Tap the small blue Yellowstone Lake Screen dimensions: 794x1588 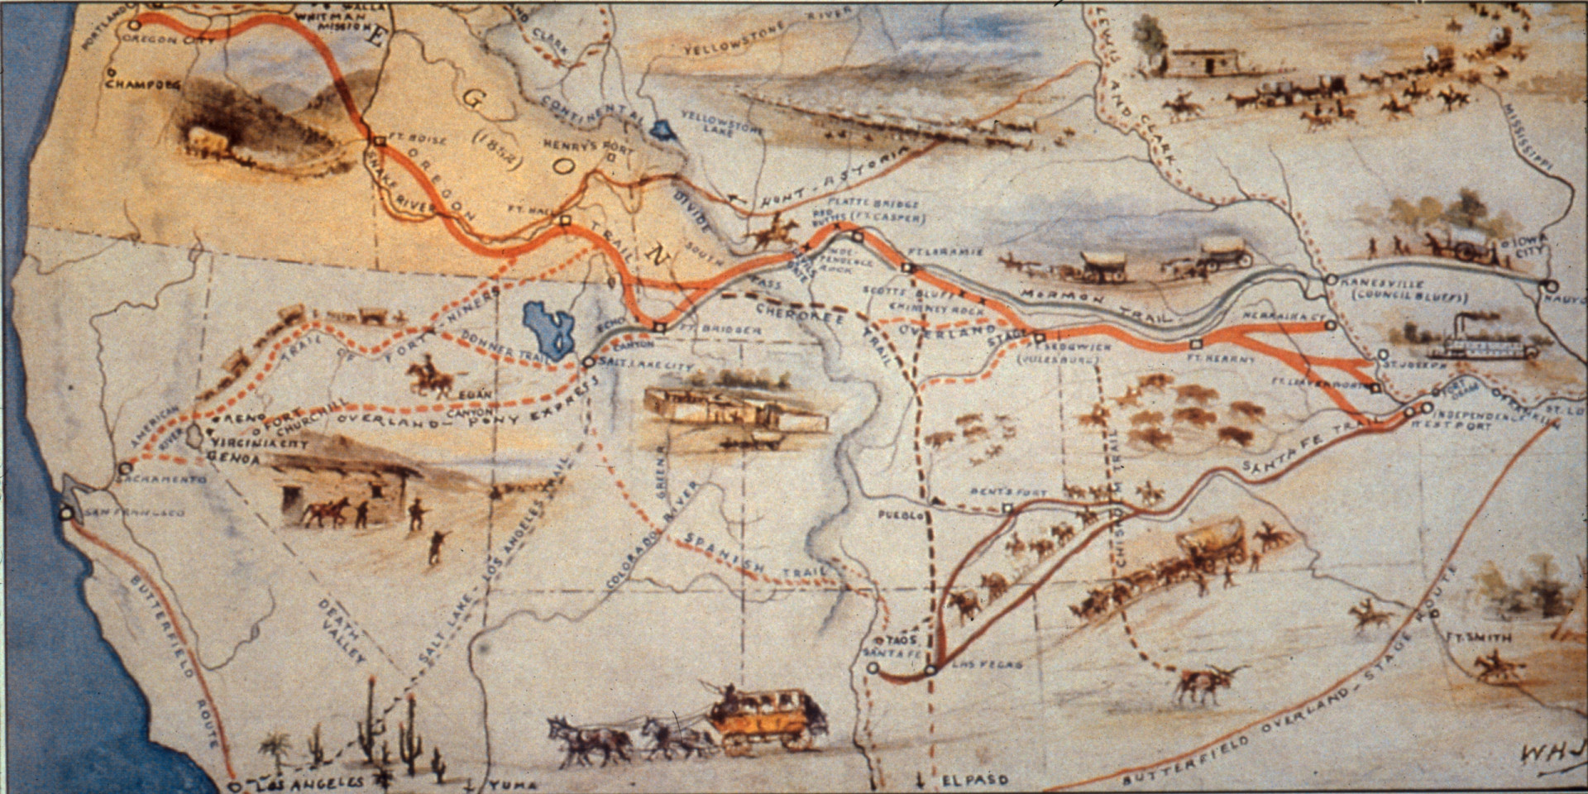661,130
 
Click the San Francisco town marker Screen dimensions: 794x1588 67,513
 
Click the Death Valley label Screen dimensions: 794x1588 342,629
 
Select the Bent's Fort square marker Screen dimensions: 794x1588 1007,509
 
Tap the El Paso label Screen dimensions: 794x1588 975,779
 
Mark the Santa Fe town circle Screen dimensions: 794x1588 873,667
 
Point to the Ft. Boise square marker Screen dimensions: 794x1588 379,141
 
